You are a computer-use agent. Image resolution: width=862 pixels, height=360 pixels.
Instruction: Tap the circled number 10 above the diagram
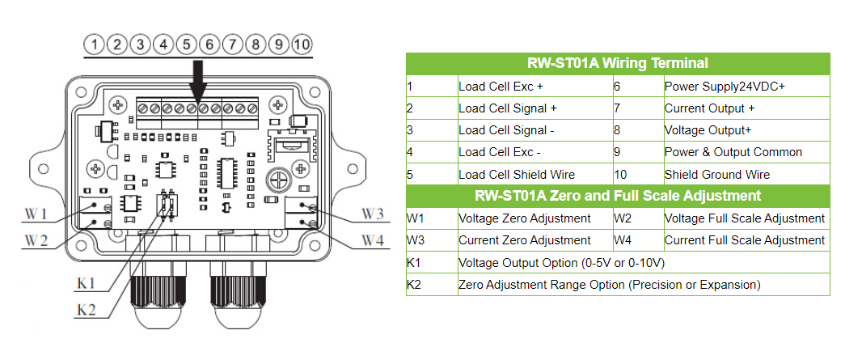[x=302, y=44]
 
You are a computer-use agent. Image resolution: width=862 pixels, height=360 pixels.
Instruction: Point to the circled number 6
[x=209, y=44]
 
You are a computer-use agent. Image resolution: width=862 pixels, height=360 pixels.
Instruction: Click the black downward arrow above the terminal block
[x=198, y=81]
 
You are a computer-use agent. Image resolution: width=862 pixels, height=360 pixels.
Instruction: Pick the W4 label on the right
[x=373, y=239]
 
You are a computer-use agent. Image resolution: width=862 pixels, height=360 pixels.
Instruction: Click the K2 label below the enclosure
[x=87, y=310]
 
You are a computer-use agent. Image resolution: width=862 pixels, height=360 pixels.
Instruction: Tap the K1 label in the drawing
[x=86, y=283]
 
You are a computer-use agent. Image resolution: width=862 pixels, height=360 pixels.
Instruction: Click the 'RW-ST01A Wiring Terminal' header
[x=618, y=63]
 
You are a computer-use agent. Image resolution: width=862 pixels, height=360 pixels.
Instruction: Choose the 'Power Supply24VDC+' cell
[x=725, y=86]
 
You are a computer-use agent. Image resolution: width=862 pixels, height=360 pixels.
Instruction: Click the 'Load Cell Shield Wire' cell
[x=517, y=174]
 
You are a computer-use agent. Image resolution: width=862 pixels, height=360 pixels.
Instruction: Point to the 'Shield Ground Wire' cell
[x=716, y=174]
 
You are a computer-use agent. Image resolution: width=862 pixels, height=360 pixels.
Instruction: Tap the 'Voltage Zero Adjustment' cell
[x=524, y=218]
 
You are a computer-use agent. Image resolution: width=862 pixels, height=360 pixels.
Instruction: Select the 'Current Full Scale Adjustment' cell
[x=744, y=240]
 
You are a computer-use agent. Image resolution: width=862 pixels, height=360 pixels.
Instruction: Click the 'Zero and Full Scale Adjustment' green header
[x=618, y=196]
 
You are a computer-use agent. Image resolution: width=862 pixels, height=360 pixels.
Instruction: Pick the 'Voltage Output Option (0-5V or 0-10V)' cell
[x=561, y=262]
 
